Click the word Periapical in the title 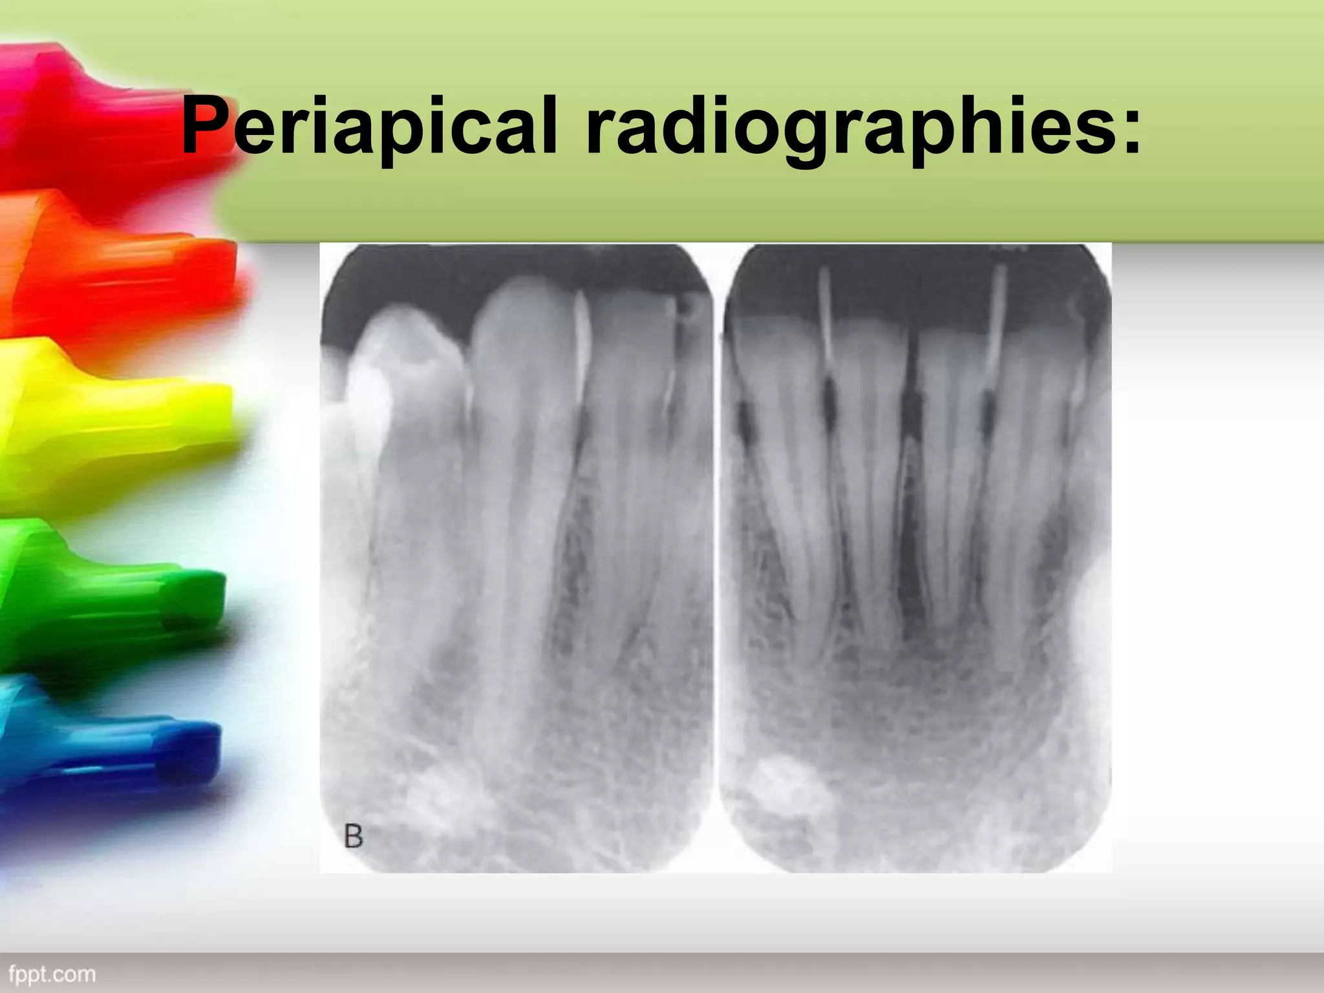pyautogui.click(x=368, y=126)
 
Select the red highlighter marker pyautogui.click(x=97, y=116)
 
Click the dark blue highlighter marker pyautogui.click(x=129, y=763)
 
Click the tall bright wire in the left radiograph pyautogui.click(x=581, y=349)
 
